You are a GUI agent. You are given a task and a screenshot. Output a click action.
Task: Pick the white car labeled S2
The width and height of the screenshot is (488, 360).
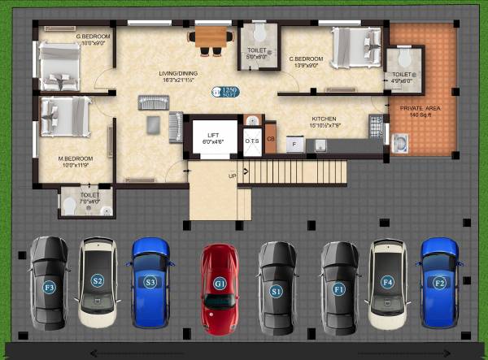tap(98, 281)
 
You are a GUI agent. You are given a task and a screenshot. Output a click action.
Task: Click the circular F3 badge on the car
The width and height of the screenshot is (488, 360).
tap(49, 287)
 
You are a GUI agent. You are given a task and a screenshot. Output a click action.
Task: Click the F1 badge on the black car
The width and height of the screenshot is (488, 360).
tap(339, 288)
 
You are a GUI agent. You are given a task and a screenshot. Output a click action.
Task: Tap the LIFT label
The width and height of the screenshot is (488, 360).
tap(213, 135)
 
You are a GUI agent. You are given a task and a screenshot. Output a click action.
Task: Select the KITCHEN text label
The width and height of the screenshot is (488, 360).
tap(323, 118)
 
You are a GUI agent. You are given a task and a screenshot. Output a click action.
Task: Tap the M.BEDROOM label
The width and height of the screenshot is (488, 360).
tap(75, 158)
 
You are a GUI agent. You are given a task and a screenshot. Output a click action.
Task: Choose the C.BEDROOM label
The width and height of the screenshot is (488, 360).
tap(307, 59)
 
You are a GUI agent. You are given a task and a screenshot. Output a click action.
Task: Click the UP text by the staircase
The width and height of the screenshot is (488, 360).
tap(233, 175)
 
